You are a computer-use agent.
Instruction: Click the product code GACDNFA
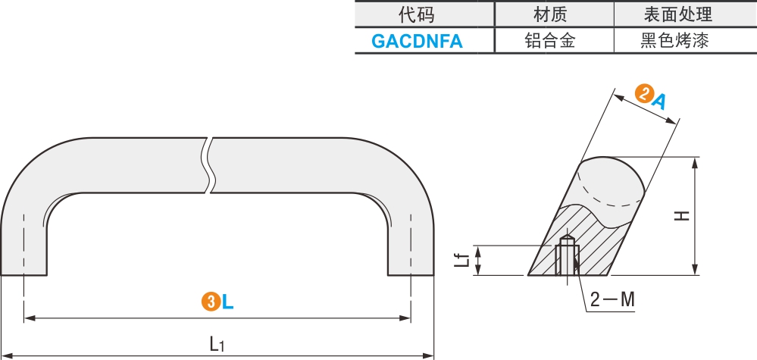(x=416, y=41)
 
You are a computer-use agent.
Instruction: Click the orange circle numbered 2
(x=644, y=95)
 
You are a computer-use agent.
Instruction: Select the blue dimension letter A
(x=660, y=100)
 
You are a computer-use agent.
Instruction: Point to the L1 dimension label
(x=217, y=344)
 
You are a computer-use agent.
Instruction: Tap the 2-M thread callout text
(x=612, y=300)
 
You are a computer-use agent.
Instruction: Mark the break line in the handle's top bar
(x=208, y=165)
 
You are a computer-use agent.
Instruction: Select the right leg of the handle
(x=411, y=243)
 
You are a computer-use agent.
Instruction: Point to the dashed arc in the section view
(x=606, y=194)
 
